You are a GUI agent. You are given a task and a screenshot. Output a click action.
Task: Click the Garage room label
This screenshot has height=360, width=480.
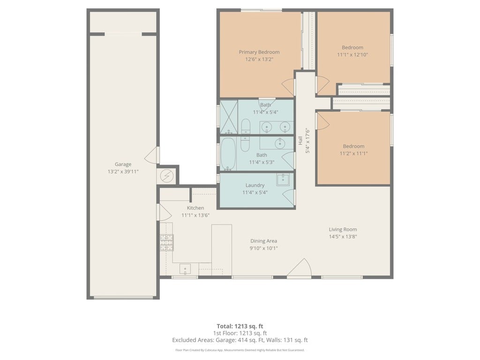(x=123, y=165)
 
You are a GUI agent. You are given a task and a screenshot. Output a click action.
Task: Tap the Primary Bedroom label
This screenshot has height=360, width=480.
(x=259, y=52)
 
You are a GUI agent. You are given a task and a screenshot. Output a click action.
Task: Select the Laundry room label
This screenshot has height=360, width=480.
(x=255, y=185)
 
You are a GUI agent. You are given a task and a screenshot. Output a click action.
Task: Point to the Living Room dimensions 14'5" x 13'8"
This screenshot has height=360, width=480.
(x=343, y=236)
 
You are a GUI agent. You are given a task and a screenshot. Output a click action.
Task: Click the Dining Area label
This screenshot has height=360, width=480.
(x=263, y=241)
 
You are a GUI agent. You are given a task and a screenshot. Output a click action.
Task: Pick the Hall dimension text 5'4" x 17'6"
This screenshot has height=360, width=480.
(x=307, y=141)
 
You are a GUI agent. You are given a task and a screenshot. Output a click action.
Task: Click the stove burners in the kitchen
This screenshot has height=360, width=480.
(x=166, y=242)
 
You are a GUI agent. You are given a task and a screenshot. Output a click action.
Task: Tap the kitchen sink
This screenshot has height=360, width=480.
(x=185, y=269)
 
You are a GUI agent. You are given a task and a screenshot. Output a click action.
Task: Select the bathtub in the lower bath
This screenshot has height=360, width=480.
(x=228, y=153)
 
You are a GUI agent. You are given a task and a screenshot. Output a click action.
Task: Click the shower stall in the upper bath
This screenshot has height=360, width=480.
(x=229, y=117)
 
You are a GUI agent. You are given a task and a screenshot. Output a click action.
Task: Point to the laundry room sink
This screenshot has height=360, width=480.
(x=283, y=180)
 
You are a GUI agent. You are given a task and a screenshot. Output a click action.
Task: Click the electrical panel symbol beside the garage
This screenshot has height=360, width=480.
(x=167, y=176)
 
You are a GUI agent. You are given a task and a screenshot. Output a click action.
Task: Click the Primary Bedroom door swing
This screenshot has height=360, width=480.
(x=288, y=87)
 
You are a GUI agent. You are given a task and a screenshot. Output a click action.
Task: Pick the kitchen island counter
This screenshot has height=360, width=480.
(x=221, y=250)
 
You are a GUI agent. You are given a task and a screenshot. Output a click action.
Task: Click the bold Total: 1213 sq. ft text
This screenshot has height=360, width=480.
(x=240, y=326)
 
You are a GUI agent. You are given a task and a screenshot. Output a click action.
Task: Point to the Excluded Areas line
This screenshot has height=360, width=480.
(x=240, y=340)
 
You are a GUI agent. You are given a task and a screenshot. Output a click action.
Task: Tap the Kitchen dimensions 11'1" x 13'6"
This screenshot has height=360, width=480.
(x=195, y=215)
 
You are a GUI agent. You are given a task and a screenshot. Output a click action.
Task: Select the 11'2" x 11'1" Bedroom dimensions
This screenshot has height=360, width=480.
(x=353, y=153)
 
